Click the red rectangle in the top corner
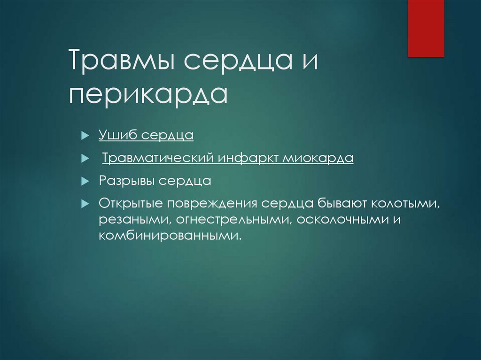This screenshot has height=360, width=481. pos(426,28)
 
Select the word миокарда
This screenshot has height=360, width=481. pos(318,158)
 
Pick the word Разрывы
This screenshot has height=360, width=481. pos(126,181)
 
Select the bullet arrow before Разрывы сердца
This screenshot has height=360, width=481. pos(85,181)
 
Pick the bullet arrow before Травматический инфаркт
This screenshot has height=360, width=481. pos(85,159)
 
